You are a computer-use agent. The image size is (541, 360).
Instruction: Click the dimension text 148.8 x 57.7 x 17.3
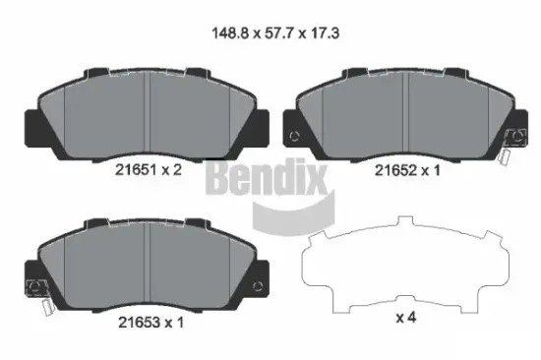pyautogui.click(x=270, y=32)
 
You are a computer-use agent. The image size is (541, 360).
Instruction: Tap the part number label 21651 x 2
pyautogui.click(x=147, y=168)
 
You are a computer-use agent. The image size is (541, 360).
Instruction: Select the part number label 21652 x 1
pyautogui.click(x=407, y=168)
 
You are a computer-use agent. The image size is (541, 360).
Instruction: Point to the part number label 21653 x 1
pyautogui.click(x=147, y=323)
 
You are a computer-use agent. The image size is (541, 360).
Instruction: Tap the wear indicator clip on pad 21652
pyautogui.click(x=509, y=145)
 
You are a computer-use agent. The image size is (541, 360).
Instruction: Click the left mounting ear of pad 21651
pyautogui.click(x=32, y=123)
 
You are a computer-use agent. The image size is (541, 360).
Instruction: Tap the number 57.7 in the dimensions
pyautogui.click(x=270, y=32)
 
